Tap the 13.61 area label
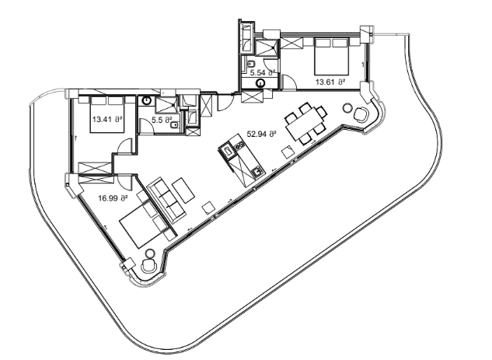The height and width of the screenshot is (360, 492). click(x=330, y=80)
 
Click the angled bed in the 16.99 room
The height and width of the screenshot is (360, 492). click(x=144, y=221)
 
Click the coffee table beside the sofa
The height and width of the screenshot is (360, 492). click(x=184, y=189)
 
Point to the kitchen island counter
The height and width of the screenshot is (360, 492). click(x=241, y=158)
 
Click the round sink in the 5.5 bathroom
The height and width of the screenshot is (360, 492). click(x=145, y=100)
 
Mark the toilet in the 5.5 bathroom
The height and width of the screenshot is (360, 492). click(x=176, y=121)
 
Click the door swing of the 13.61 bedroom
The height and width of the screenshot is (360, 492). click(x=289, y=79)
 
